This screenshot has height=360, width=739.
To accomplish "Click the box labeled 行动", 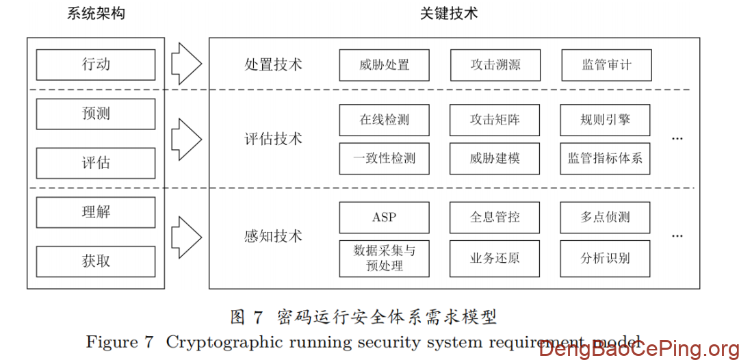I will tap(96, 65).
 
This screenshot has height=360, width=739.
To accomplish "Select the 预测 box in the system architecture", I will tap(96, 114).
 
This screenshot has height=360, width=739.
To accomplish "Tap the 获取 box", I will tap(96, 261).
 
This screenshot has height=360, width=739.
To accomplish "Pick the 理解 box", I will tap(96, 212).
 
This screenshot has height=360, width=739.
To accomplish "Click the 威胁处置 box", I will tap(384, 65).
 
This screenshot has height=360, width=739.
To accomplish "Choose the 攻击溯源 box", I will tap(495, 65).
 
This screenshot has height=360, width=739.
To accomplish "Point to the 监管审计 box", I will tap(606, 65).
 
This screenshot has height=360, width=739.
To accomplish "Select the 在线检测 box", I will tap(384, 120).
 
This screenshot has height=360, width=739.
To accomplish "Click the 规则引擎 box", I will tap(605, 120).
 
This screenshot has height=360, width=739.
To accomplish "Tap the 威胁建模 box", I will tap(495, 158).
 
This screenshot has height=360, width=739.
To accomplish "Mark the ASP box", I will tap(384, 218).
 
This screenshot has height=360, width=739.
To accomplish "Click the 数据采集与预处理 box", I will tap(384, 258).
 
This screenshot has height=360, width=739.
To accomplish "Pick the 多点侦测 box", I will tap(605, 218).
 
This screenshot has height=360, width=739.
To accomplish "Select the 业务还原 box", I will tap(495, 258).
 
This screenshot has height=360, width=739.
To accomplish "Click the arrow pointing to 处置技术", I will tap(185, 65).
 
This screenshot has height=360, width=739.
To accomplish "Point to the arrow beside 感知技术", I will tap(185, 237).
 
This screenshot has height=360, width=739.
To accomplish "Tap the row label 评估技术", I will tap(273, 139).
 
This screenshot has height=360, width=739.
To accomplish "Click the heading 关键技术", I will tap(449, 14).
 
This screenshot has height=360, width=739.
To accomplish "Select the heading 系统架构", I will tap(96, 14).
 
